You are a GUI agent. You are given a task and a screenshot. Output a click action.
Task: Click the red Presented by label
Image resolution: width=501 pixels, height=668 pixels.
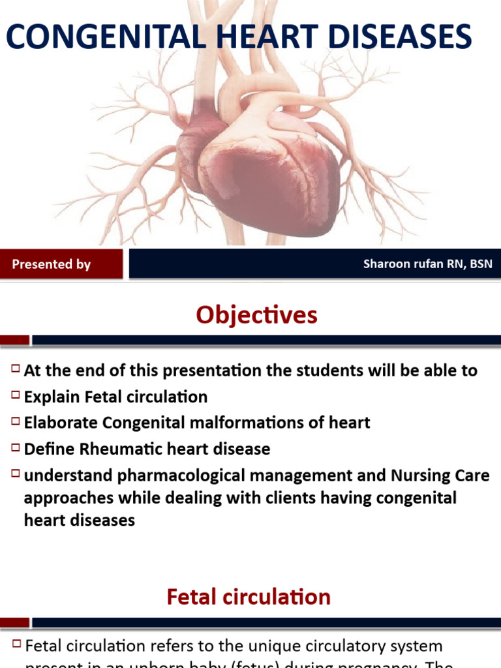point(52,264)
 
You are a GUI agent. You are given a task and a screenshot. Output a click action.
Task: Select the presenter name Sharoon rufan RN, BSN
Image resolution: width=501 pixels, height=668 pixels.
point(427,264)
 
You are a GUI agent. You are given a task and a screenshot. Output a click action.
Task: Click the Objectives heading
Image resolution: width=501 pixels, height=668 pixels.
point(256,315)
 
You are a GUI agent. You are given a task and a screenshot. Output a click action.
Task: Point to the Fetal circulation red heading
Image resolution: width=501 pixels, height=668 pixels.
point(249,597)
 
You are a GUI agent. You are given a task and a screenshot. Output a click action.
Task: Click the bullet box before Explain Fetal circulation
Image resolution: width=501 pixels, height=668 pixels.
point(16,395)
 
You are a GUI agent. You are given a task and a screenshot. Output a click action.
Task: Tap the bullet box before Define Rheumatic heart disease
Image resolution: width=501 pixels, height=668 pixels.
point(16,448)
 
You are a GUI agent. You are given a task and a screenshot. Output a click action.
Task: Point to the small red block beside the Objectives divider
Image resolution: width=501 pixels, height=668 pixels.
point(14,340)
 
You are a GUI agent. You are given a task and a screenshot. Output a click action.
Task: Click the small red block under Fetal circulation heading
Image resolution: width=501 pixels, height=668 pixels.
point(14,622)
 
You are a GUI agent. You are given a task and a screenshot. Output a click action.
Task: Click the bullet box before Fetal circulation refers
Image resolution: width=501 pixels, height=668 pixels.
point(16,645)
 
